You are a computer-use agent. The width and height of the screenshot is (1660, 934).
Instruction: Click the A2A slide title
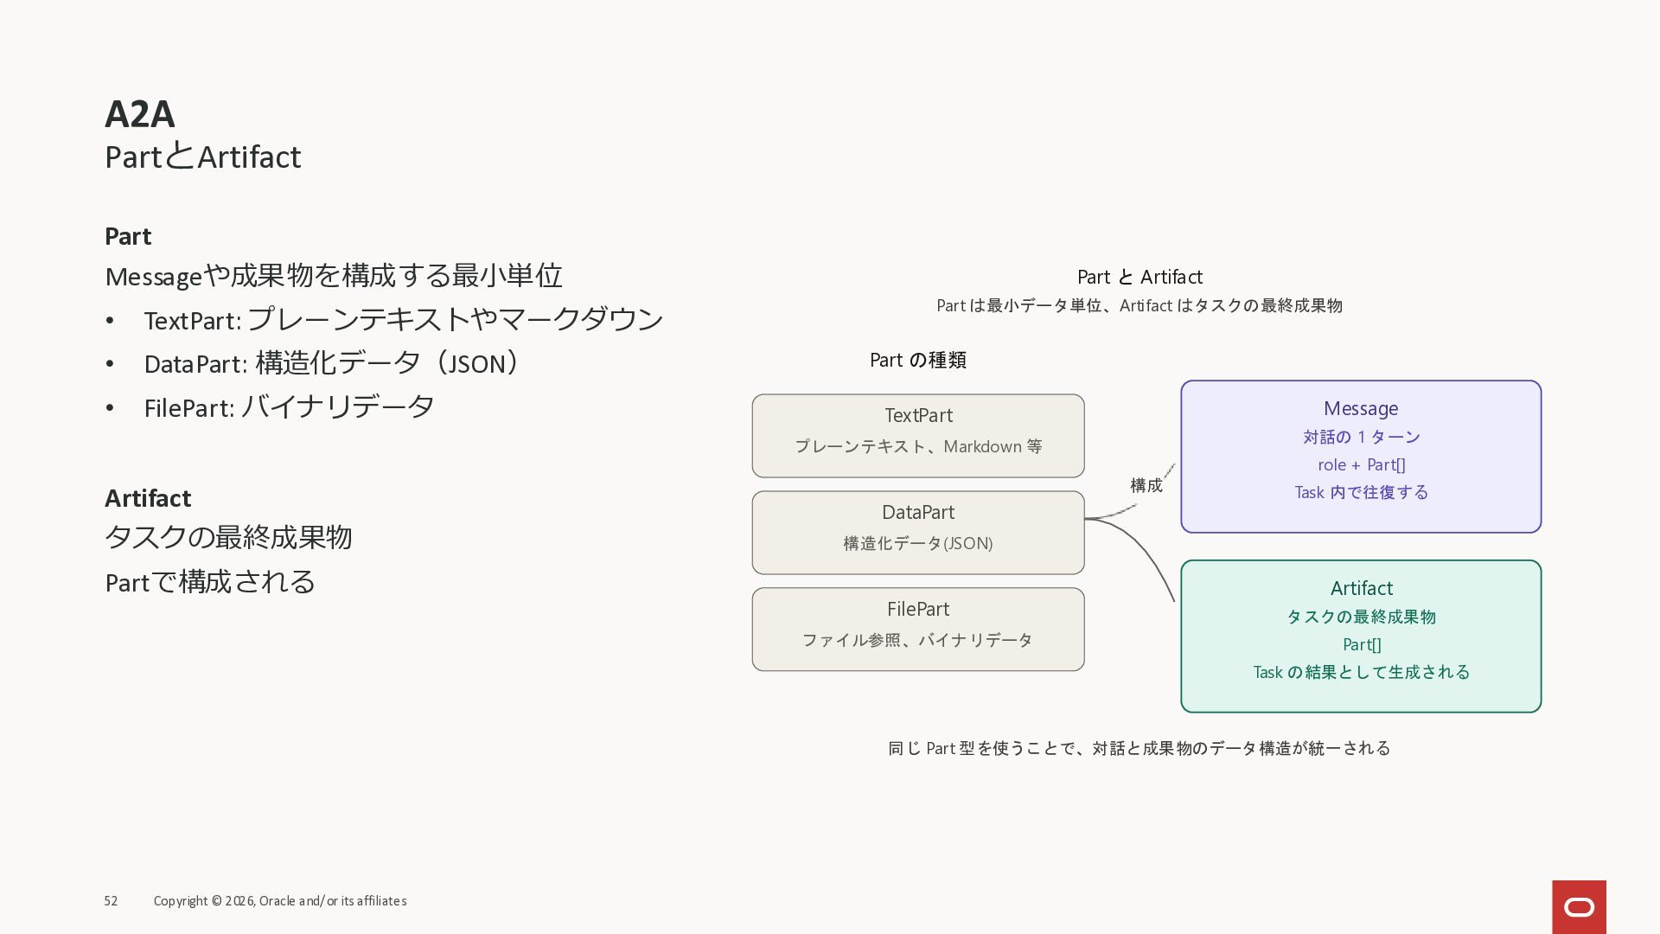[140, 114]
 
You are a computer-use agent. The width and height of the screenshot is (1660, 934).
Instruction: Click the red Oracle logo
[1579, 906]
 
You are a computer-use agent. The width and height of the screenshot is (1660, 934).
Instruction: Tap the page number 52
[111, 901]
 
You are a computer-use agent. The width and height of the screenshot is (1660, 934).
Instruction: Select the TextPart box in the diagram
[918, 436]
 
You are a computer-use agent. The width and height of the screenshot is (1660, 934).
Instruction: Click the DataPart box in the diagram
[918, 533]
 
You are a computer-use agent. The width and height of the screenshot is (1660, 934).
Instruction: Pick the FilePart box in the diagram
[918, 630]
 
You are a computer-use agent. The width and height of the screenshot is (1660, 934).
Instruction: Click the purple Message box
[1361, 457]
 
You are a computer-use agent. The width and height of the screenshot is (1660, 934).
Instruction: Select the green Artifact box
[1361, 637]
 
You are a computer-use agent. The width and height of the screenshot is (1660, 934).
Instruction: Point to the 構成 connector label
[1146, 486]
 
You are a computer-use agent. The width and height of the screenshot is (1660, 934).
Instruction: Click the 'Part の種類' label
[918, 361]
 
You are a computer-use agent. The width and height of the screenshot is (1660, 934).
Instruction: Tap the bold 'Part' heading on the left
[128, 237]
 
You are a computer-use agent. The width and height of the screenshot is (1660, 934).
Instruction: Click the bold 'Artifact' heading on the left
[148, 499]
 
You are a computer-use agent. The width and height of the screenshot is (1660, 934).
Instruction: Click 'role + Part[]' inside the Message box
[1362, 465]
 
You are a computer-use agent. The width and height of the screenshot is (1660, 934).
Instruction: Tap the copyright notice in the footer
[280, 901]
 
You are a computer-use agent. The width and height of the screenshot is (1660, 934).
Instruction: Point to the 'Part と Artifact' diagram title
[1140, 278]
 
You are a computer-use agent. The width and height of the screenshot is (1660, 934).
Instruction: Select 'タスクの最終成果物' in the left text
[228, 538]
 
